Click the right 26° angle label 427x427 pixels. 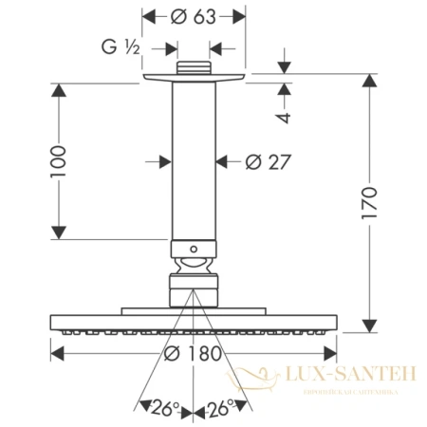coord(224,409)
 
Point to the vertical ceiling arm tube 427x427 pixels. coord(194,161)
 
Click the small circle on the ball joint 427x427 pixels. coord(194,253)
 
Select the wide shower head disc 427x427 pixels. coord(194,324)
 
